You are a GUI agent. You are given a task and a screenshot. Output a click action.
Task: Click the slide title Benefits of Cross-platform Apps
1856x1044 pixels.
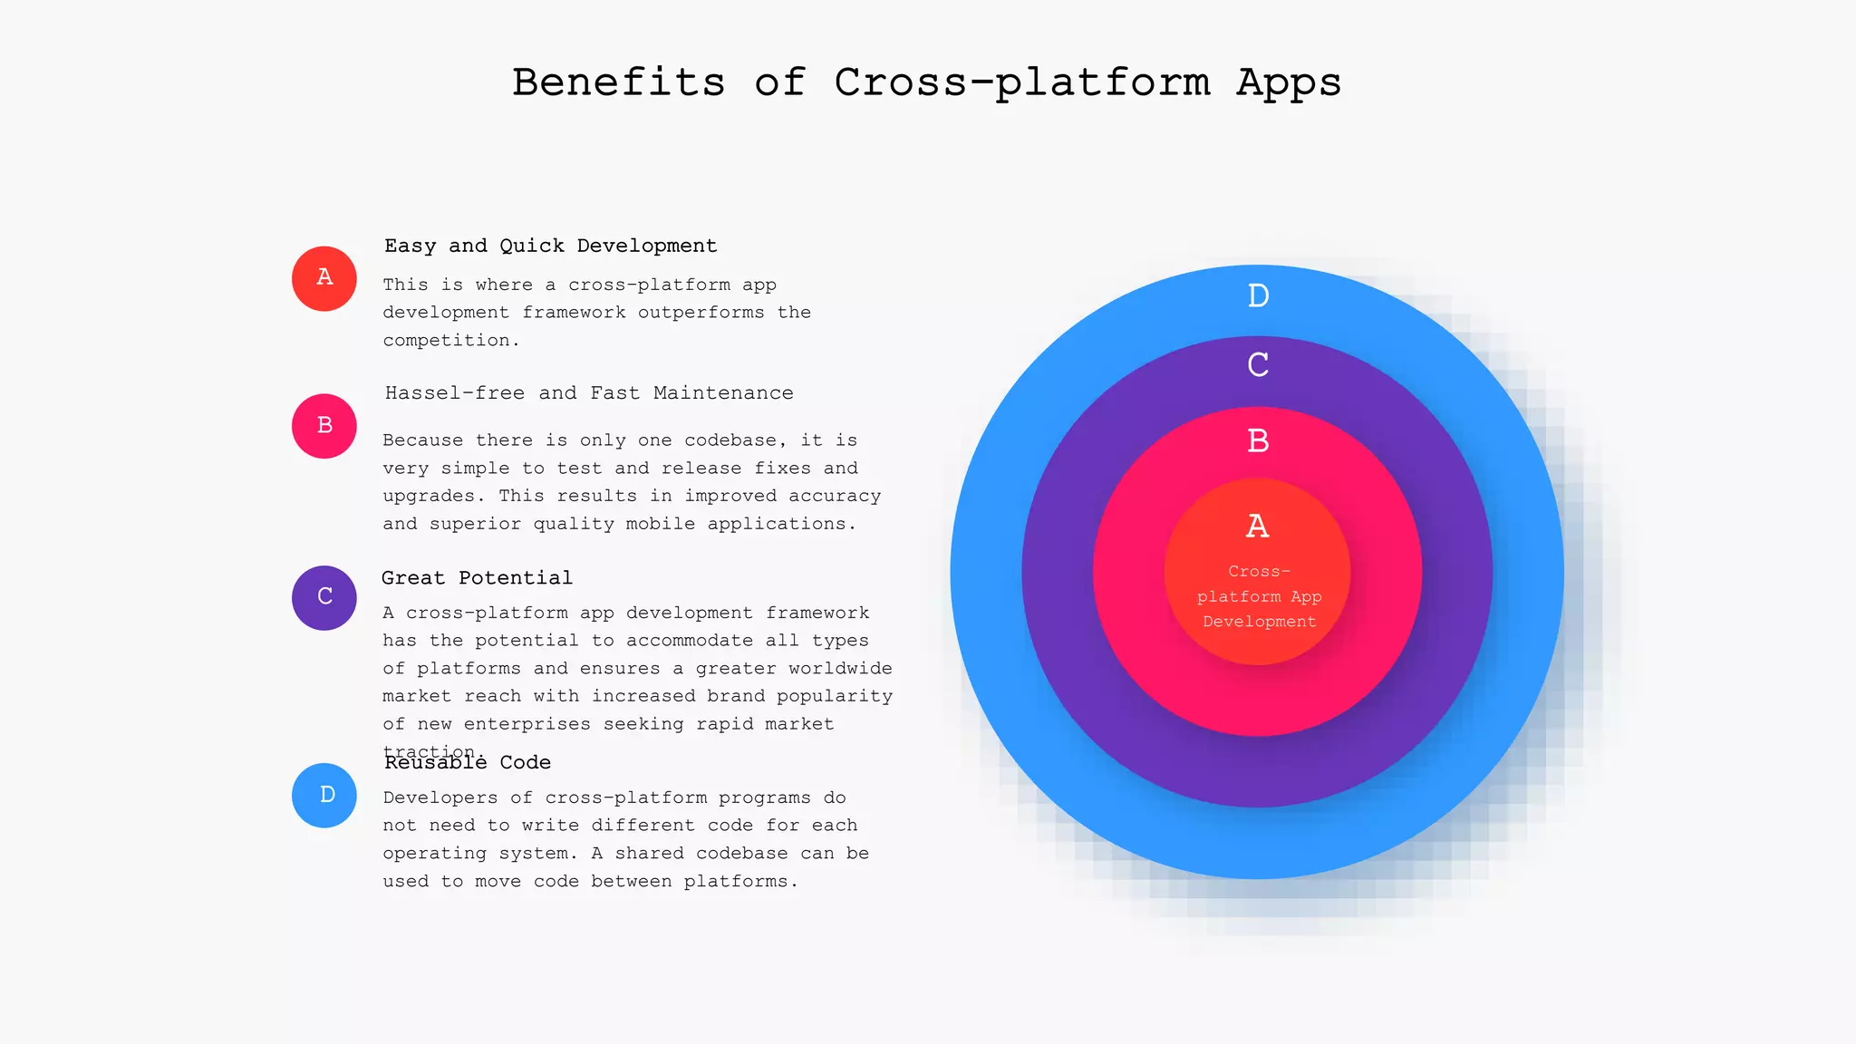coord(926,82)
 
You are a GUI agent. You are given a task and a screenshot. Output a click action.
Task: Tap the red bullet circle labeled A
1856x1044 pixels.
coord(324,278)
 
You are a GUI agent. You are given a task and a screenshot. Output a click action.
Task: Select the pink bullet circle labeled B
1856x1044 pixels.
coord(324,426)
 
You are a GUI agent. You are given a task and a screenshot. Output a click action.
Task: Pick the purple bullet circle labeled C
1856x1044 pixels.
coord(324,597)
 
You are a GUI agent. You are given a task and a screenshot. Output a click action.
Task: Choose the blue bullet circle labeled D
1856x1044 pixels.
coord(324,795)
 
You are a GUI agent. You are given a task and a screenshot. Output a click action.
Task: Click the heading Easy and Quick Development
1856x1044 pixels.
coord(550,246)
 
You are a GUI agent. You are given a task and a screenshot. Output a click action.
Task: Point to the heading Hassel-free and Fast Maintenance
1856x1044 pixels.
coord(589,393)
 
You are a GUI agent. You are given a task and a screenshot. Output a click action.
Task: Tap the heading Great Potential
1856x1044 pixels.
coord(477,578)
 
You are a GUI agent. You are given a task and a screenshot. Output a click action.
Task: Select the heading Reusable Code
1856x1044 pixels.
coord(468,763)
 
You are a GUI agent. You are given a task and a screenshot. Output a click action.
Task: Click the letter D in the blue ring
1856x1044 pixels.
coord(1258,295)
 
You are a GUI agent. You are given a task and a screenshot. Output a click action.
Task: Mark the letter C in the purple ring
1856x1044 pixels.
coord(1258,365)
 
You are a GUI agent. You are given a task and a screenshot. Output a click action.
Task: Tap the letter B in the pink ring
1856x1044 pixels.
coord(1258,441)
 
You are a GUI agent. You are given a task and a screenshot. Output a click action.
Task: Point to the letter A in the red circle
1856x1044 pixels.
coord(1257,526)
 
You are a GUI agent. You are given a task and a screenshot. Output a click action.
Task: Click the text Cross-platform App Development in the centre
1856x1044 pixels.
coord(1259,596)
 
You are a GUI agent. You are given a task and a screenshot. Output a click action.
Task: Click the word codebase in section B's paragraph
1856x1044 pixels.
coord(730,440)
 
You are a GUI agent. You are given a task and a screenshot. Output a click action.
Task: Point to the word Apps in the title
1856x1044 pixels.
coord(1289,82)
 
